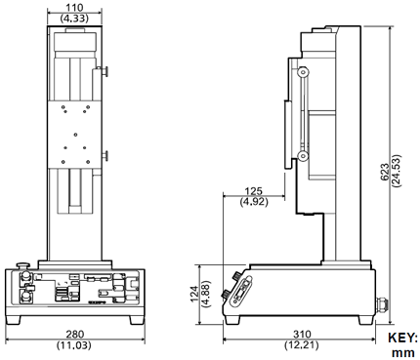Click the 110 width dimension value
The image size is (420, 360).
[x=74, y=8]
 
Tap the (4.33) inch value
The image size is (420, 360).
[x=74, y=19]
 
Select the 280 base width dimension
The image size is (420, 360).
[x=74, y=334]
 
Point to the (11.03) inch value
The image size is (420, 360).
[x=74, y=345]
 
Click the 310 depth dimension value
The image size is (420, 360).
[x=302, y=334]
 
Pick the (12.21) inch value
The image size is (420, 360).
[x=301, y=345]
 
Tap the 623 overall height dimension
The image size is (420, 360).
[x=385, y=173]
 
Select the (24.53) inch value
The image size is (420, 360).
[x=397, y=171]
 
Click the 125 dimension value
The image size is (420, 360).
[x=254, y=191]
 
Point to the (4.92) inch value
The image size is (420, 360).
[x=254, y=202]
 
